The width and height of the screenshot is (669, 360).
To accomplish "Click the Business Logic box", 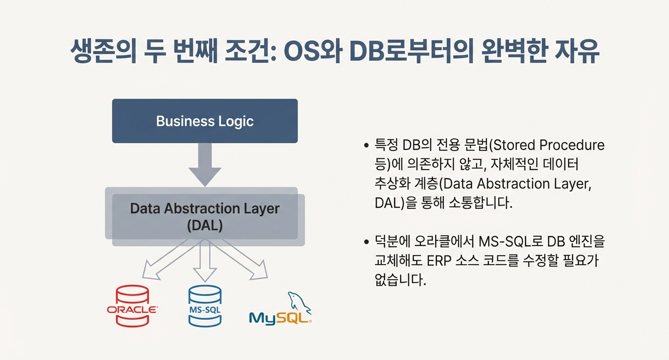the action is [205, 121].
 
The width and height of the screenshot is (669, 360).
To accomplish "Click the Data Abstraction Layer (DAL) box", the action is [205, 217].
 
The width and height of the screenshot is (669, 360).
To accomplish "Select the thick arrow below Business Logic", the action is [205, 165].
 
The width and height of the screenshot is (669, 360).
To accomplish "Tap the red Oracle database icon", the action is [132, 306].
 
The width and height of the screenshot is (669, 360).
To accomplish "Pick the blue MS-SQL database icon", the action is [205, 306].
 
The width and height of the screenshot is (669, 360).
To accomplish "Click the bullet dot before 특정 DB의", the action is [367, 146].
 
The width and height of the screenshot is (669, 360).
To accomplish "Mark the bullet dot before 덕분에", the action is [367, 241].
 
